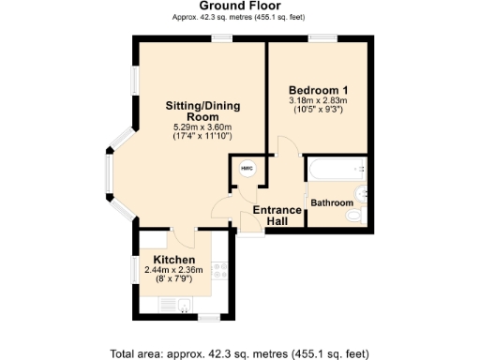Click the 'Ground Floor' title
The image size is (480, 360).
pos(239,7)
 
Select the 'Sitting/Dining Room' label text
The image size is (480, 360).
pos(199,111)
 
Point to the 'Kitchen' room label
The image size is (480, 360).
pos(173,260)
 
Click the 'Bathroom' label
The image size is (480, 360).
pos(332,203)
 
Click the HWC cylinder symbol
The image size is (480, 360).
pos(247,169)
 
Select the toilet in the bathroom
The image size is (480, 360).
pos(353,216)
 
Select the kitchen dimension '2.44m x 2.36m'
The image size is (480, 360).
pos(173,271)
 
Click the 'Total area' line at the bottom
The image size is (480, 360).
pos(239,352)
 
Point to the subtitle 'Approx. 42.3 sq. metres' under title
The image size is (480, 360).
pos(239,18)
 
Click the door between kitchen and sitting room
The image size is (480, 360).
pos(184,232)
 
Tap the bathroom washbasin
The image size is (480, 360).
pos(364,171)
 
